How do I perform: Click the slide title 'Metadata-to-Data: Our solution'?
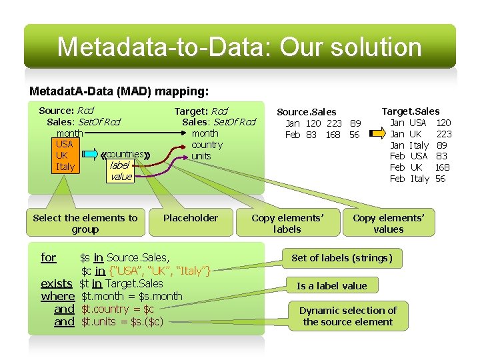(239, 47)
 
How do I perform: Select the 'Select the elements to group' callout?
(85, 223)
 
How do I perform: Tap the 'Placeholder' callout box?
(191, 218)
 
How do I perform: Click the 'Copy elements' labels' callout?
(287, 223)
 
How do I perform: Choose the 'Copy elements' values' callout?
(389, 223)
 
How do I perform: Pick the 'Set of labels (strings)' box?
(342, 258)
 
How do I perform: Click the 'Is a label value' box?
(332, 286)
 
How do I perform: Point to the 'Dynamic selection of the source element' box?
(347, 316)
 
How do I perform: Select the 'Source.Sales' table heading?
(307, 112)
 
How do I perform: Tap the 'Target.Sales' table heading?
(411, 111)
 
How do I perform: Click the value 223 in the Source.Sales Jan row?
(333, 123)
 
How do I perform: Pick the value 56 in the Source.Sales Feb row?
(354, 135)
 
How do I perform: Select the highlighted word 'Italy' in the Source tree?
(65, 167)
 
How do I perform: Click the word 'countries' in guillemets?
(125, 155)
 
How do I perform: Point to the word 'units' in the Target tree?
(201, 156)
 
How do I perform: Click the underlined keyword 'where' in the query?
(57, 297)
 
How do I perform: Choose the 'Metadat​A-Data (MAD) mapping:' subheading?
(119, 90)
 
